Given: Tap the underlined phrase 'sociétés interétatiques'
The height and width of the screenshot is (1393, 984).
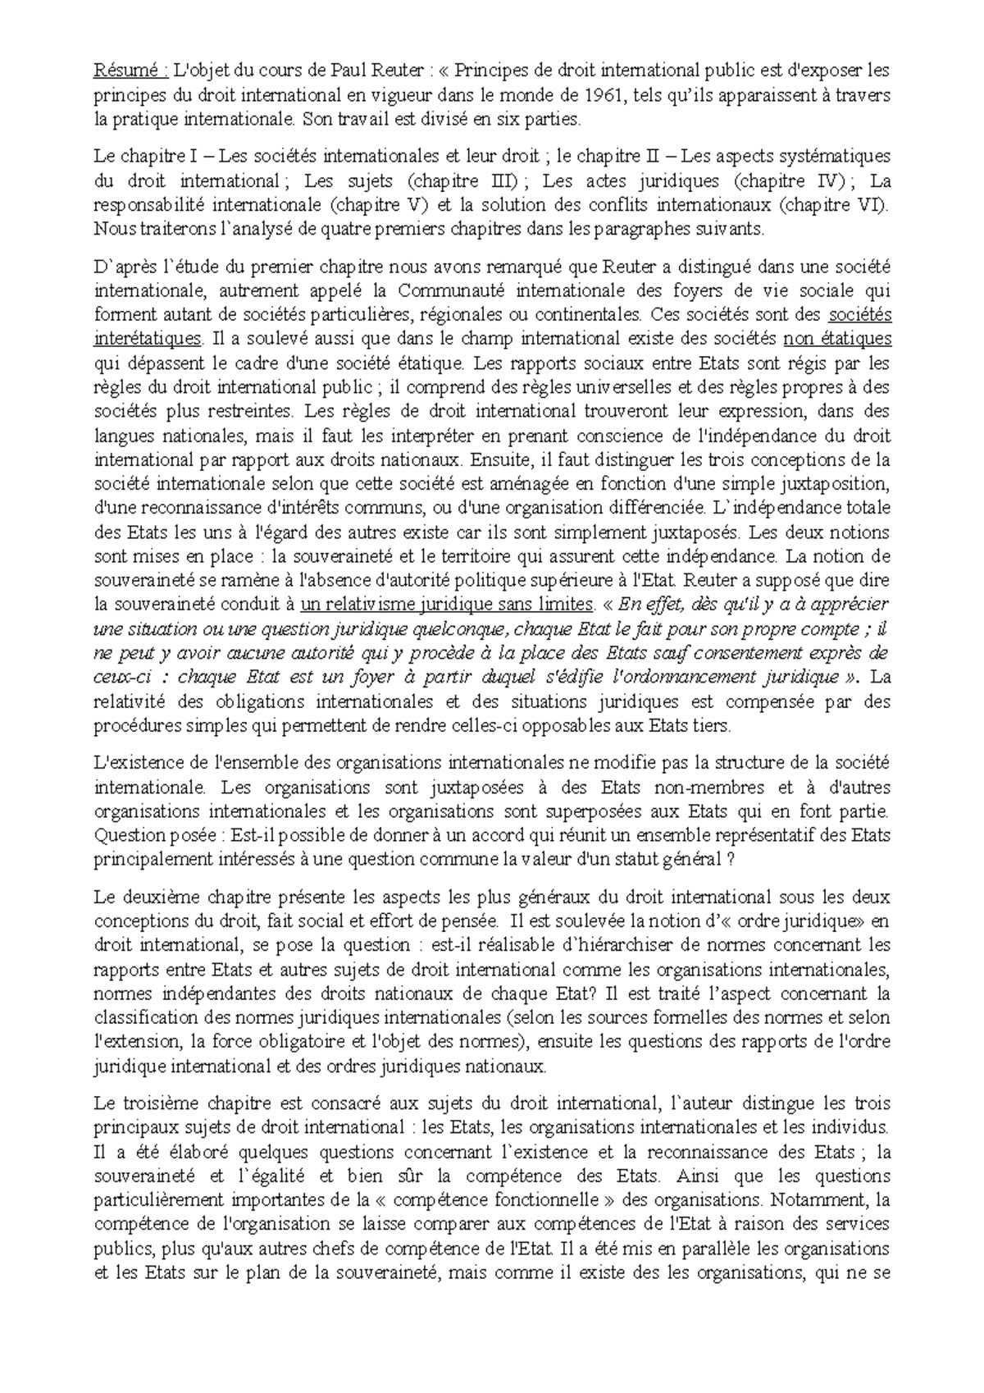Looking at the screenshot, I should point(148,338).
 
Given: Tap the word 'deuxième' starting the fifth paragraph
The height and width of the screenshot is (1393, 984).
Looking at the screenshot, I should point(156,897).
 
